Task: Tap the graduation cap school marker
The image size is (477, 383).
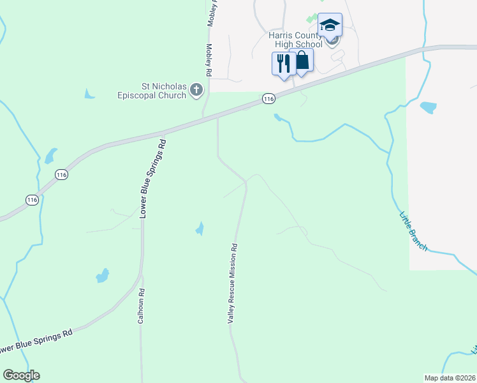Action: click(x=330, y=26)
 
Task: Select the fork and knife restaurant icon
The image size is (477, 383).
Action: click(x=283, y=63)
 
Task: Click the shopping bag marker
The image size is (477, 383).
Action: click(x=302, y=61)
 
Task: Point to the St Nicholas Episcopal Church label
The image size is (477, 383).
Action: click(x=163, y=90)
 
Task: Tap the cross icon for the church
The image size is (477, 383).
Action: click(x=197, y=91)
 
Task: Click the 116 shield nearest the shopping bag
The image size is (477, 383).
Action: click(x=268, y=98)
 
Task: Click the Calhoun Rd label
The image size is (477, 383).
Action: click(x=142, y=306)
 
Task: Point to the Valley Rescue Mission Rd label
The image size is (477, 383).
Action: click(x=234, y=283)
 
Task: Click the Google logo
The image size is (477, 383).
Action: click(x=21, y=375)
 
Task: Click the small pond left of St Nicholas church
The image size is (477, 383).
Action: click(x=89, y=94)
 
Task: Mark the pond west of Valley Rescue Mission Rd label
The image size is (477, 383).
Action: click(x=200, y=228)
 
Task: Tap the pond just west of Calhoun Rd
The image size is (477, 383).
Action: click(x=102, y=276)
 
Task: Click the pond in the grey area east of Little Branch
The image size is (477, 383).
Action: click(x=429, y=107)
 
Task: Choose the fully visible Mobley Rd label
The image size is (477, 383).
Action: click(x=209, y=57)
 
